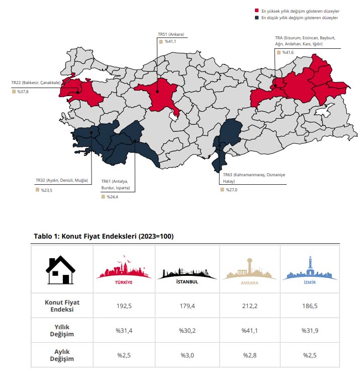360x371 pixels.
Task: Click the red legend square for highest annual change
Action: pos(257,10)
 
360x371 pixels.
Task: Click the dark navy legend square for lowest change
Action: pos(257,18)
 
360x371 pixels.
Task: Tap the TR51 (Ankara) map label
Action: pos(171,34)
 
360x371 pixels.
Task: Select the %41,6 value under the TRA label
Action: pos(288,52)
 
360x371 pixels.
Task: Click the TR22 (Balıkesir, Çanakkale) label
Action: pos(36,83)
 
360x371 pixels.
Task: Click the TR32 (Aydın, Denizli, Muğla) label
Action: pos(61,180)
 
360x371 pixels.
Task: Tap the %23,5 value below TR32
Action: pos(45,190)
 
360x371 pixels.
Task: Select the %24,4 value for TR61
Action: pos(111,197)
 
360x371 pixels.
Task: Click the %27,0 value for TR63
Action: pos(230,190)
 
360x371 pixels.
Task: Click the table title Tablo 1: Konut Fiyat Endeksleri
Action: pos(104,236)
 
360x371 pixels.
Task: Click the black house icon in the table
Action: pos(61,270)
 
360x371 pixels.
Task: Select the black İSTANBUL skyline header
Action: pos(187,272)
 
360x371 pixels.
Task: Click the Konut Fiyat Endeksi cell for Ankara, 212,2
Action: pos(250,305)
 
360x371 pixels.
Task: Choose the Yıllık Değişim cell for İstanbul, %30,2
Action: pos(187,330)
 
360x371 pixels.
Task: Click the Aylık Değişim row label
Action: pos(62,355)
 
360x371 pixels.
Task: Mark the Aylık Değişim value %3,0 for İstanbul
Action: pos(187,355)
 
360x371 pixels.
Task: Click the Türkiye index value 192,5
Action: pos(124,305)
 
